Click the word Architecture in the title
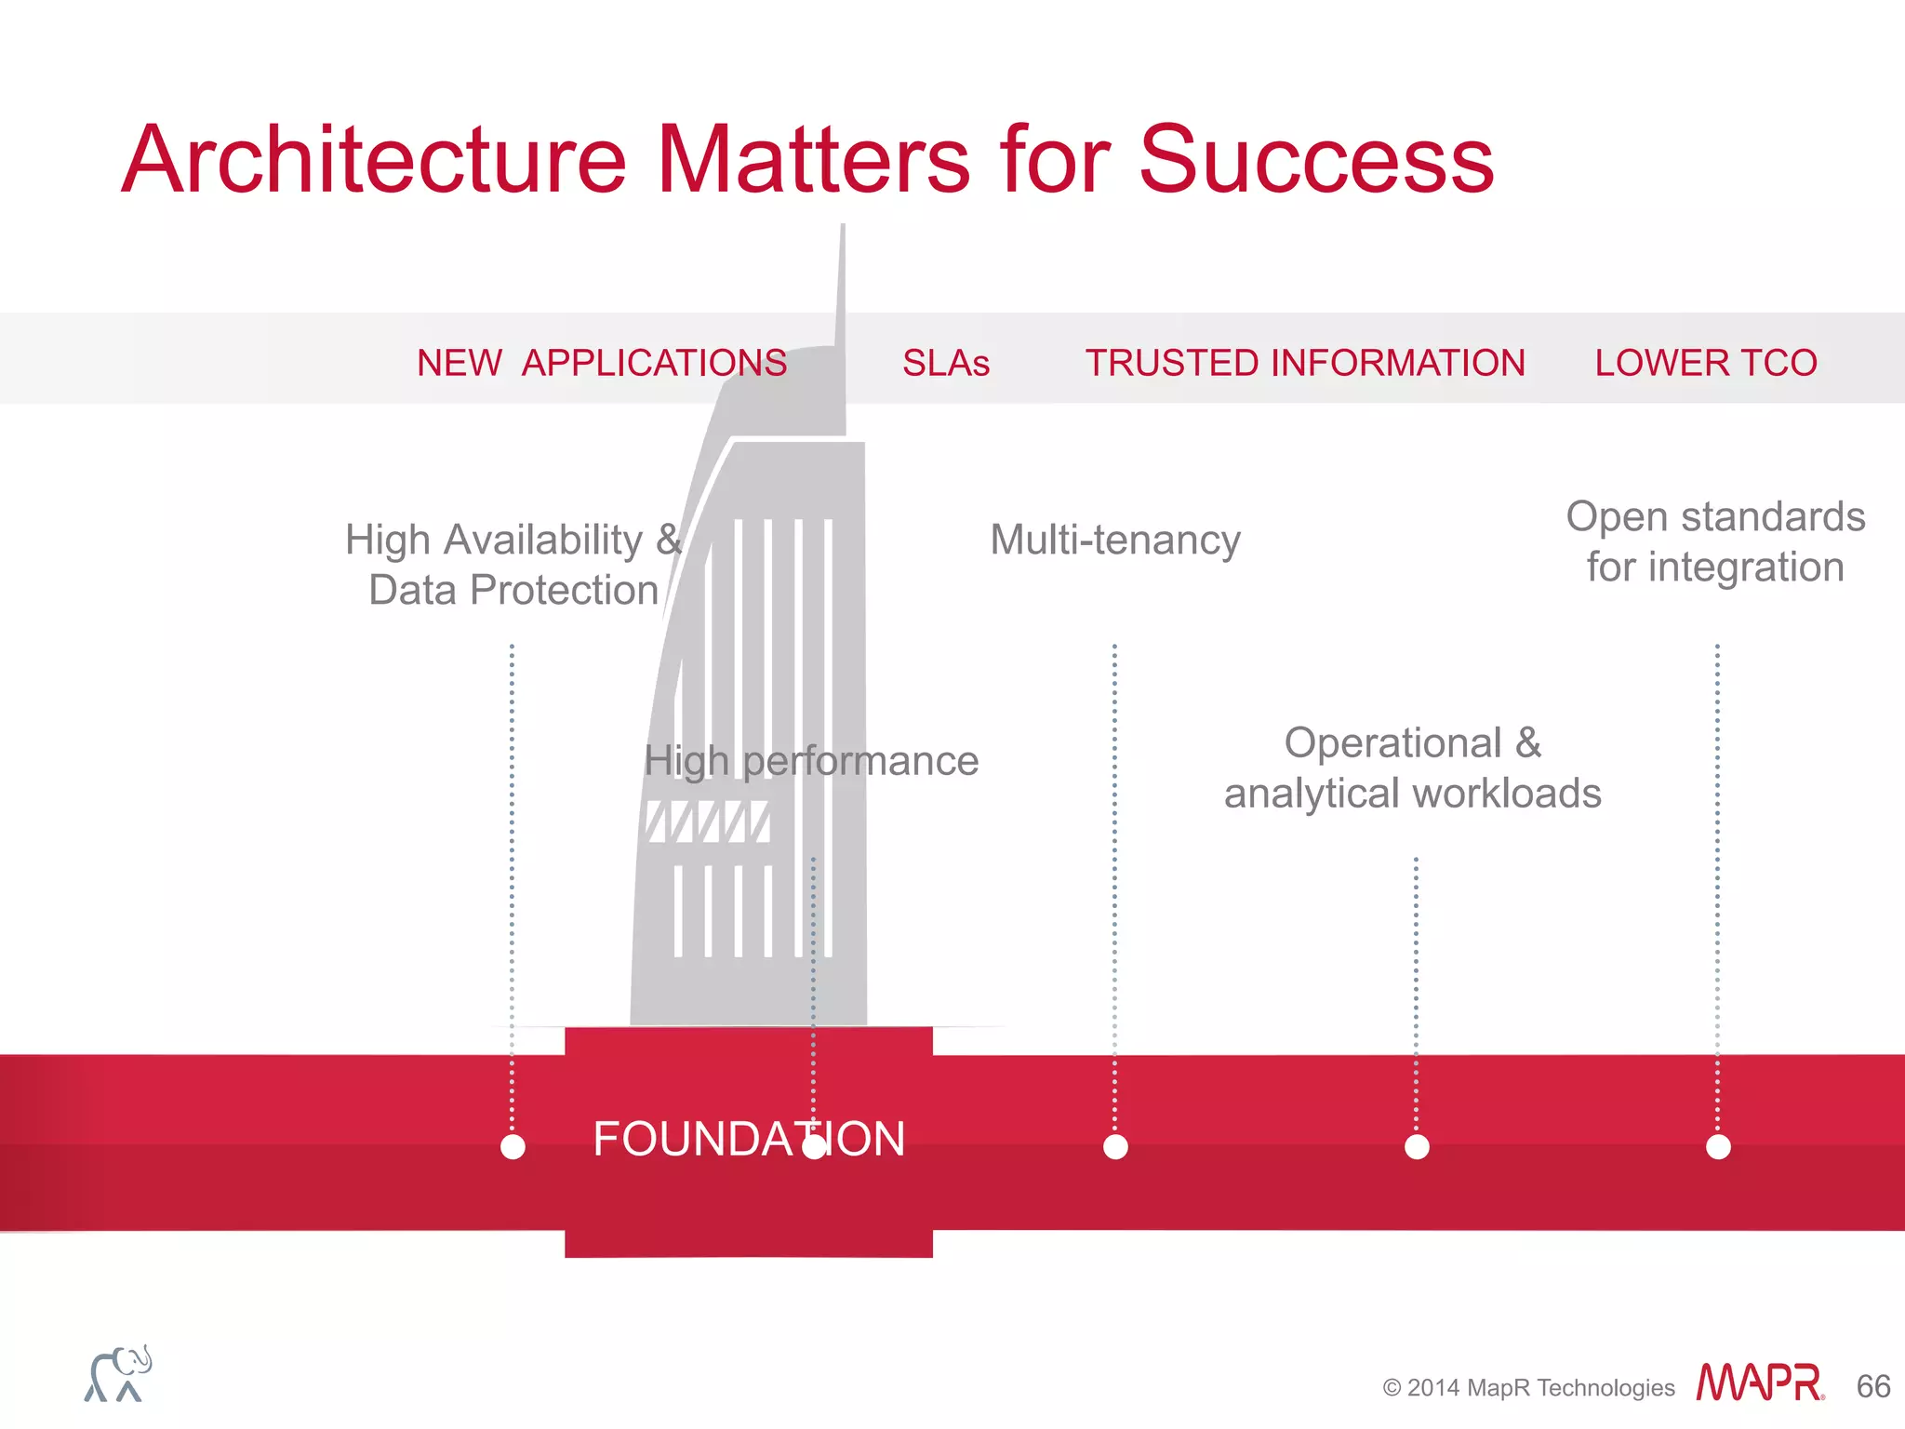(x=374, y=160)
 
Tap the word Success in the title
(x=1315, y=160)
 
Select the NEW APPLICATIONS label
(x=602, y=363)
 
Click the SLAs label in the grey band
(x=945, y=363)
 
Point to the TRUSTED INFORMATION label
(x=1305, y=363)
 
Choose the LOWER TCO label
(x=1706, y=363)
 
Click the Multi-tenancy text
(x=1115, y=540)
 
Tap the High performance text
(x=811, y=761)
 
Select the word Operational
(x=1392, y=743)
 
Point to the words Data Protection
(x=513, y=590)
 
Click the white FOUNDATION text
(x=749, y=1139)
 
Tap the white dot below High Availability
(x=513, y=1147)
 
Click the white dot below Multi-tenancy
(x=1115, y=1147)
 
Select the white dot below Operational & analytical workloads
(x=1417, y=1147)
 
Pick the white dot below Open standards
(x=1718, y=1147)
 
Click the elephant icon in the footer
(x=118, y=1373)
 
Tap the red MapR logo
(x=1759, y=1382)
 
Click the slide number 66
(x=1872, y=1386)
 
